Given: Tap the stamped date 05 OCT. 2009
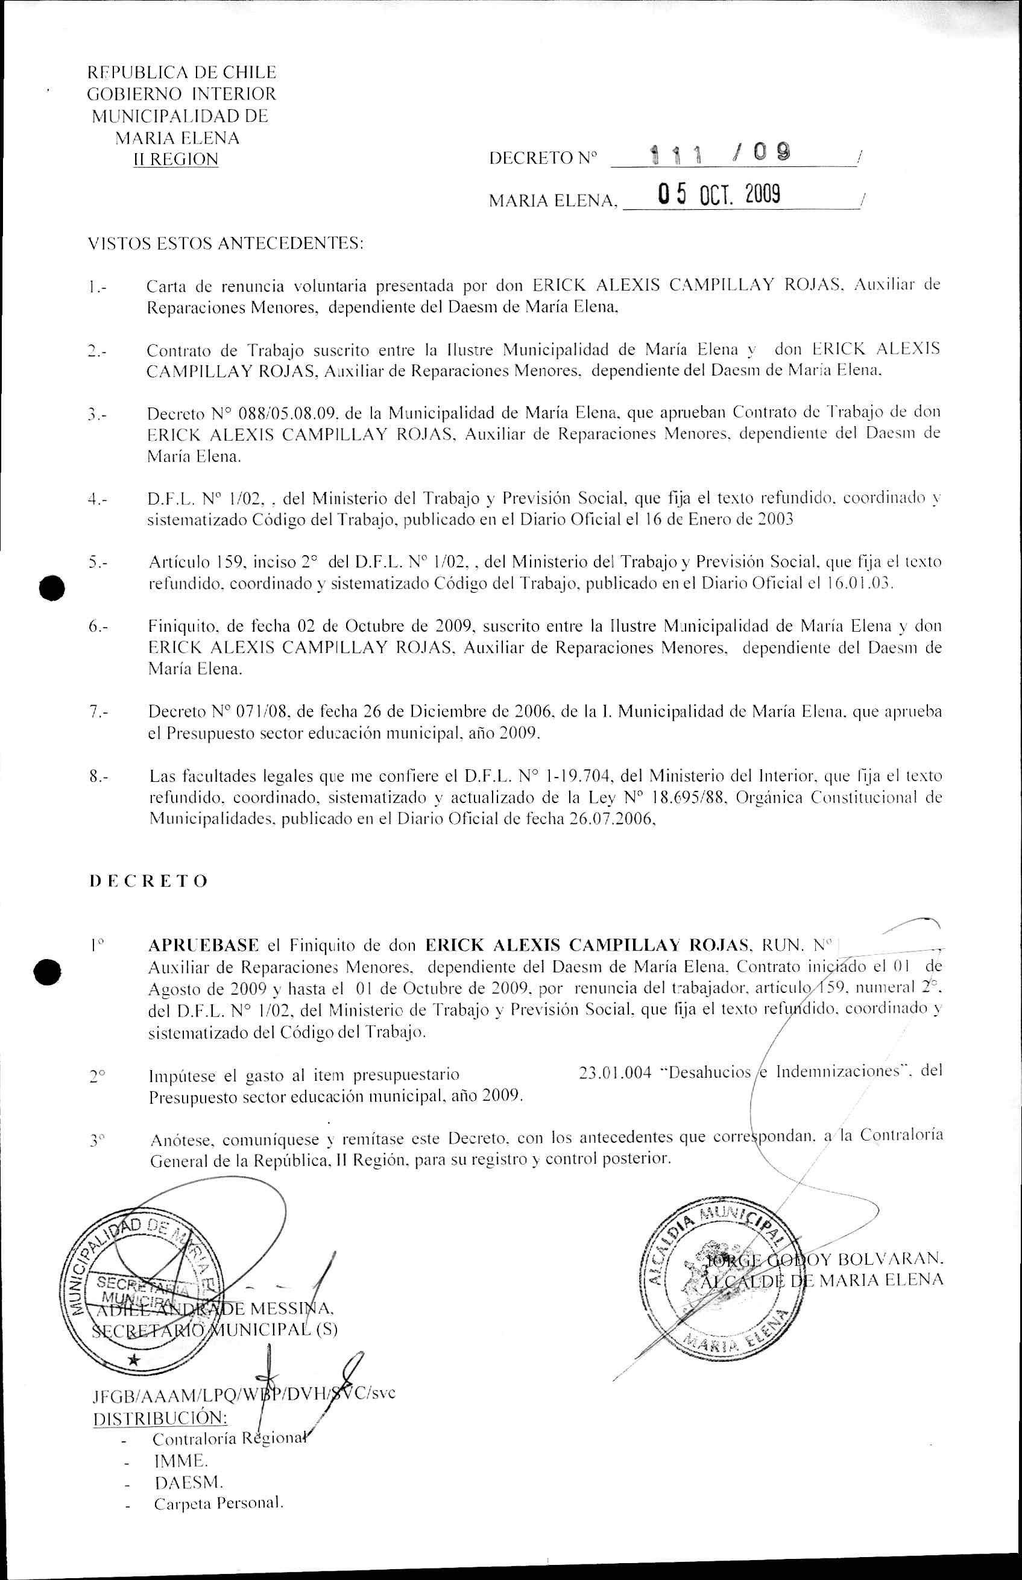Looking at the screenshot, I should [718, 195].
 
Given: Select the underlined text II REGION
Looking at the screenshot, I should [176, 160].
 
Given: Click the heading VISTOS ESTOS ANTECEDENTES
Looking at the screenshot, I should [226, 244].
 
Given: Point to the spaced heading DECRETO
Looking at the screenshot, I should [149, 881].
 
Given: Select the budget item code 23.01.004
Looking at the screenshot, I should [614, 1072].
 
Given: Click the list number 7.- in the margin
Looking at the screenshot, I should [99, 713].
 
